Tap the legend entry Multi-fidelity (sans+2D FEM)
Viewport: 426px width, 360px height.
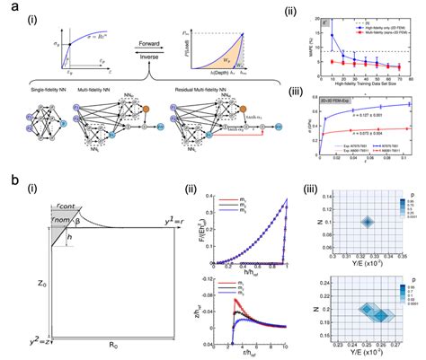click(x=365, y=27)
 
